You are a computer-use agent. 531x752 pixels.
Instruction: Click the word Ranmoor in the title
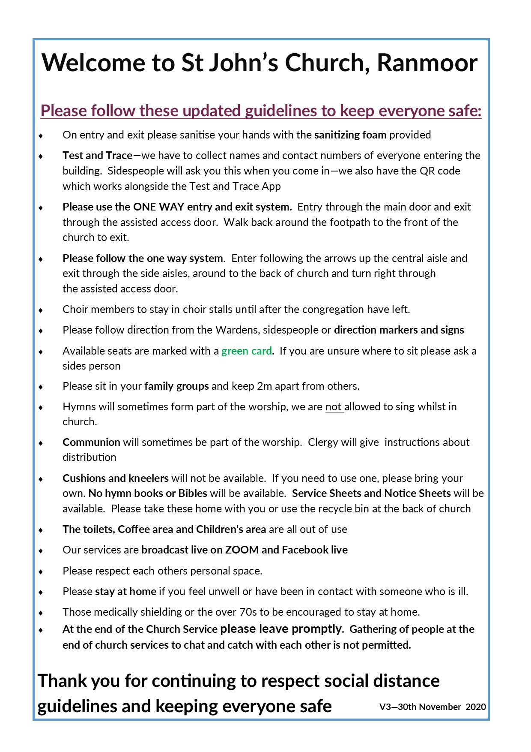pos(427,63)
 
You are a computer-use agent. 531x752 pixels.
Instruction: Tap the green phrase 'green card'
pos(247,351)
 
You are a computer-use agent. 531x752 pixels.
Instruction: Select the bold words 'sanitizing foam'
pos(350,135)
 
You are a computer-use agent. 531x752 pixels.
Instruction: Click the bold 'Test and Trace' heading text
pos(97,155)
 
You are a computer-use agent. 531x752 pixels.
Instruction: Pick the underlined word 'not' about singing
pos(334,406)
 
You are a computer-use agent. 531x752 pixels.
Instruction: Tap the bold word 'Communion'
pos(91,442)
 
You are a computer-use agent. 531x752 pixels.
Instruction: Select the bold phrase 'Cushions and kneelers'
pos(116,478)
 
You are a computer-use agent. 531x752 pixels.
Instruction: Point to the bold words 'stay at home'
pos(125,591)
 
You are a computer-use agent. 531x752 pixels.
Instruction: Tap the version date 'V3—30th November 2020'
pos(433,707)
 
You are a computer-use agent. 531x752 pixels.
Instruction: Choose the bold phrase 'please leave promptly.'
pos(282,629)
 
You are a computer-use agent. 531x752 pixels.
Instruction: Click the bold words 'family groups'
pos(176,386)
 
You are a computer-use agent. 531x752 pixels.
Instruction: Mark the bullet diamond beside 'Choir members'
pos(41,310)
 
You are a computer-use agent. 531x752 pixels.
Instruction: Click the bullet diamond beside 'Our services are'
pos(41,550)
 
